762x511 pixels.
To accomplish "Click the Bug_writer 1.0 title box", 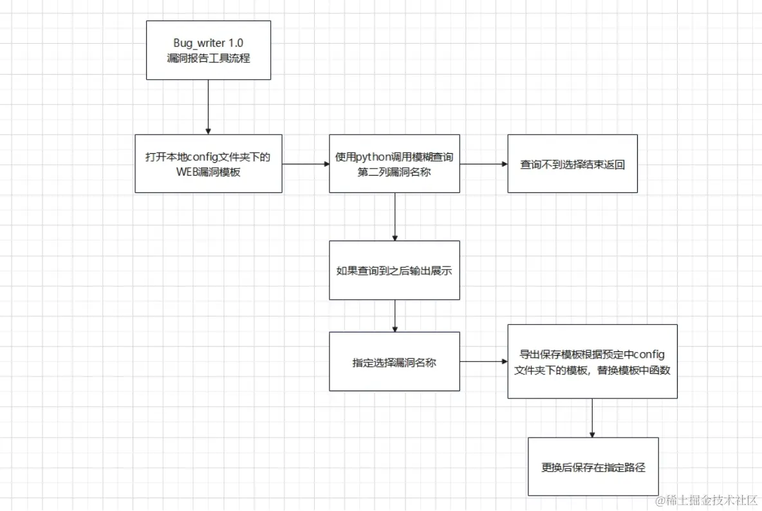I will (x=209, y=50).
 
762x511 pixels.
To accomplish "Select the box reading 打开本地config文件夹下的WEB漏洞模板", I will (x=209, y=163).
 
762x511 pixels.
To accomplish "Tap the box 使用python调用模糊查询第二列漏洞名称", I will (x=395, y=163).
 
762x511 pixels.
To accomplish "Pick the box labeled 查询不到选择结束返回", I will (x=572, y=163).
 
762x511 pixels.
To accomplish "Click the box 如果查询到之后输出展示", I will (x=395, y=270).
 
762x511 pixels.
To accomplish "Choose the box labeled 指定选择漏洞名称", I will (x=395, y=362).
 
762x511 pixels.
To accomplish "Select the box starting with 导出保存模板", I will (x=592, y=361).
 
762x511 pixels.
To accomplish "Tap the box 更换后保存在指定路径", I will (x=593, y=467).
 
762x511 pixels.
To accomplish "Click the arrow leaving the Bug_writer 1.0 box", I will (x=209, y=107).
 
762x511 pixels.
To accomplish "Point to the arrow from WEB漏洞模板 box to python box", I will (x=306, y=163).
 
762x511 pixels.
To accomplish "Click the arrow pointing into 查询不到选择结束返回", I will (x=483, y=163).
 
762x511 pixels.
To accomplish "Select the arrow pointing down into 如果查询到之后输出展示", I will (x=395, y=216).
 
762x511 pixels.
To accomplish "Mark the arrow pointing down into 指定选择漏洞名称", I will (x=395, y=315).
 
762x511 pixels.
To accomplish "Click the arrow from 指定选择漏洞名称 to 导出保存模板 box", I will (x=483, y=362).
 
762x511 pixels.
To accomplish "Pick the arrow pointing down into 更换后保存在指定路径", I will (x=592, y=418).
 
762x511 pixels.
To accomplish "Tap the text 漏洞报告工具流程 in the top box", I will (x=209, y=57).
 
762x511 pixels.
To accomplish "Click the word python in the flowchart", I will (x=375, y=157).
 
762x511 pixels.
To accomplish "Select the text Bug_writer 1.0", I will (x=209, y=42).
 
